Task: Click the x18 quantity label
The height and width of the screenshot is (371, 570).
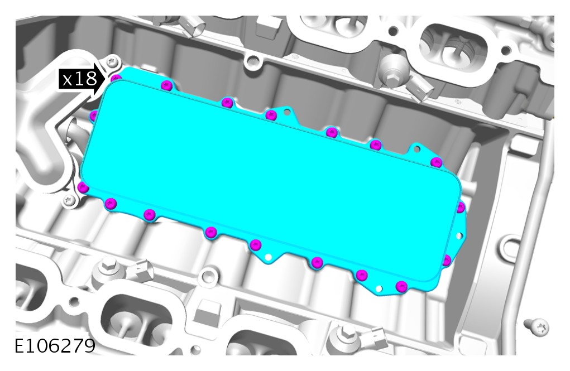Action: [x=80, y=79]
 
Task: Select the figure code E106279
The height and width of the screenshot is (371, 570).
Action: [x=55, y=346]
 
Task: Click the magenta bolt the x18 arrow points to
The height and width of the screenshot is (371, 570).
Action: [x=116, y=78]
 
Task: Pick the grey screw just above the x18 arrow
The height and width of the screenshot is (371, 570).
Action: [x=113, y=62]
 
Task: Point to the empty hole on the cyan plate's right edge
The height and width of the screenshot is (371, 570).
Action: [x=459, y=236]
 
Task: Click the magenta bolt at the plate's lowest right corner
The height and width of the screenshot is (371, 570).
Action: [x=401, y=286]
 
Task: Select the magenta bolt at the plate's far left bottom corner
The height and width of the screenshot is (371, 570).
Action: [x=83, y=188]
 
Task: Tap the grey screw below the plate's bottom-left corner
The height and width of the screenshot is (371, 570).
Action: [x=69, y=200]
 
